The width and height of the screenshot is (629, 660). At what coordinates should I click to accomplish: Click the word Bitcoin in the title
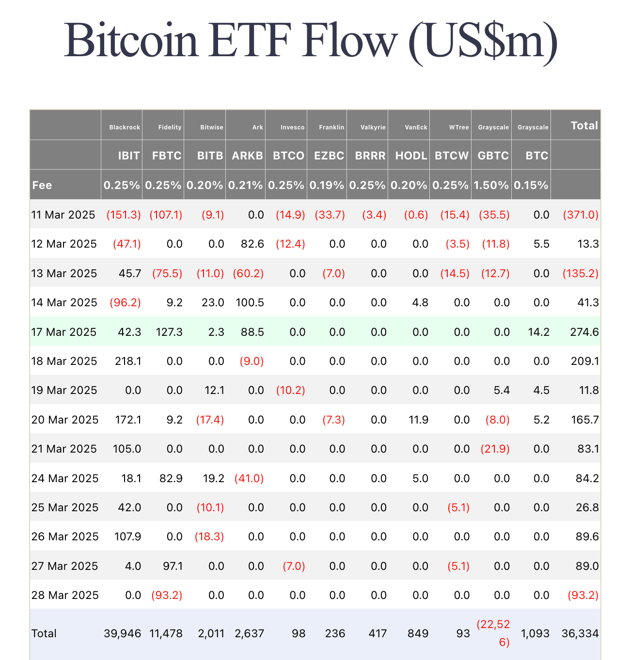point(131,41)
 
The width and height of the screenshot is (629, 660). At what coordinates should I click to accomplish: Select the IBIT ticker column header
point(129,156)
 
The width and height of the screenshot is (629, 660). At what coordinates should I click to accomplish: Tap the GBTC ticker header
point(493,156)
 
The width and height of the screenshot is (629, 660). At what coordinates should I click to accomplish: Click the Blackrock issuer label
point(125,127)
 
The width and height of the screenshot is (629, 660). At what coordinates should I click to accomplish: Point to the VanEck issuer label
point(416,127)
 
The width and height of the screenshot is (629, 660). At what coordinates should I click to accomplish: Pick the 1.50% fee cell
point(491,185)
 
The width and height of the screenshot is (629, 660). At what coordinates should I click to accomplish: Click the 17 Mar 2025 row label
point(64,332)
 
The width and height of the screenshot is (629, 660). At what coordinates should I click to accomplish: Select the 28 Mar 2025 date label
point(65,595)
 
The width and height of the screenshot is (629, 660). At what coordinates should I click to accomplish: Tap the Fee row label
point(42,185)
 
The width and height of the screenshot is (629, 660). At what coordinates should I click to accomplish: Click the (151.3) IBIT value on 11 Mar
point(124,215)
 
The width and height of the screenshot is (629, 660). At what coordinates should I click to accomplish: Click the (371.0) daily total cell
point(581,215)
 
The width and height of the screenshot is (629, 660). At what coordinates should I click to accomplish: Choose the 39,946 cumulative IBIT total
point(123,633)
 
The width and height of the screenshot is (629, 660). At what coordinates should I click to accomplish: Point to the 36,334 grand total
point(580,633)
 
